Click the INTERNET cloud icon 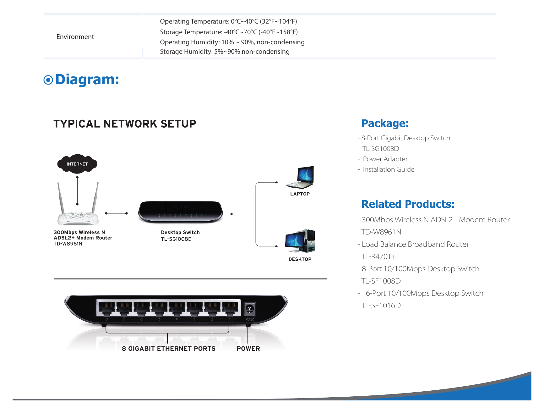click(x=77, y=164)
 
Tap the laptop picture click(x=300, y=177)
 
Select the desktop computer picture click(x=300, y=241)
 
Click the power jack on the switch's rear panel click(x=249, y=309)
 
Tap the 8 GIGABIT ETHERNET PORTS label click(x=169, y=349)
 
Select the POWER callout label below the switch click(x=248, y=349)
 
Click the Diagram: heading click(x=87, y=80)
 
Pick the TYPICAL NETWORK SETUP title click(x=125, y=124)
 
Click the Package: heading click(x=385, y=124)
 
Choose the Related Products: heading click(x=408, y=204)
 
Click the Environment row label click(x=75, y=37)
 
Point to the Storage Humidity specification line click(x=225, y=52)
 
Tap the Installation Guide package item click(x=389, y=169)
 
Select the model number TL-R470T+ click(x=378, y=256)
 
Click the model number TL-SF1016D click(x=381, y=306)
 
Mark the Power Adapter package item click(x=385, y=159)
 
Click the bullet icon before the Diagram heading click(x=48, y=80)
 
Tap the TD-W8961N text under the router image click(x=68, y=244)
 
